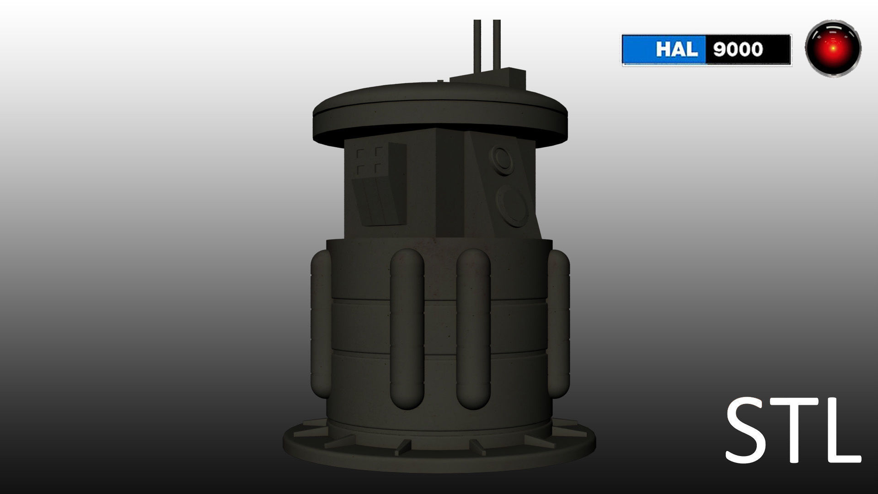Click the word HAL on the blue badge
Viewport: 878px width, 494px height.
point(677,49)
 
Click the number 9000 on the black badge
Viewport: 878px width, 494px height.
point(738,49)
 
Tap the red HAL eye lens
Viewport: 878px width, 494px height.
point(833,48)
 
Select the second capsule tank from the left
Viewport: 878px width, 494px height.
point(407,329)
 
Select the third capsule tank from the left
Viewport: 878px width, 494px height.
point(473,329)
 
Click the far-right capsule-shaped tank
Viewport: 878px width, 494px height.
point(559,325)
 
